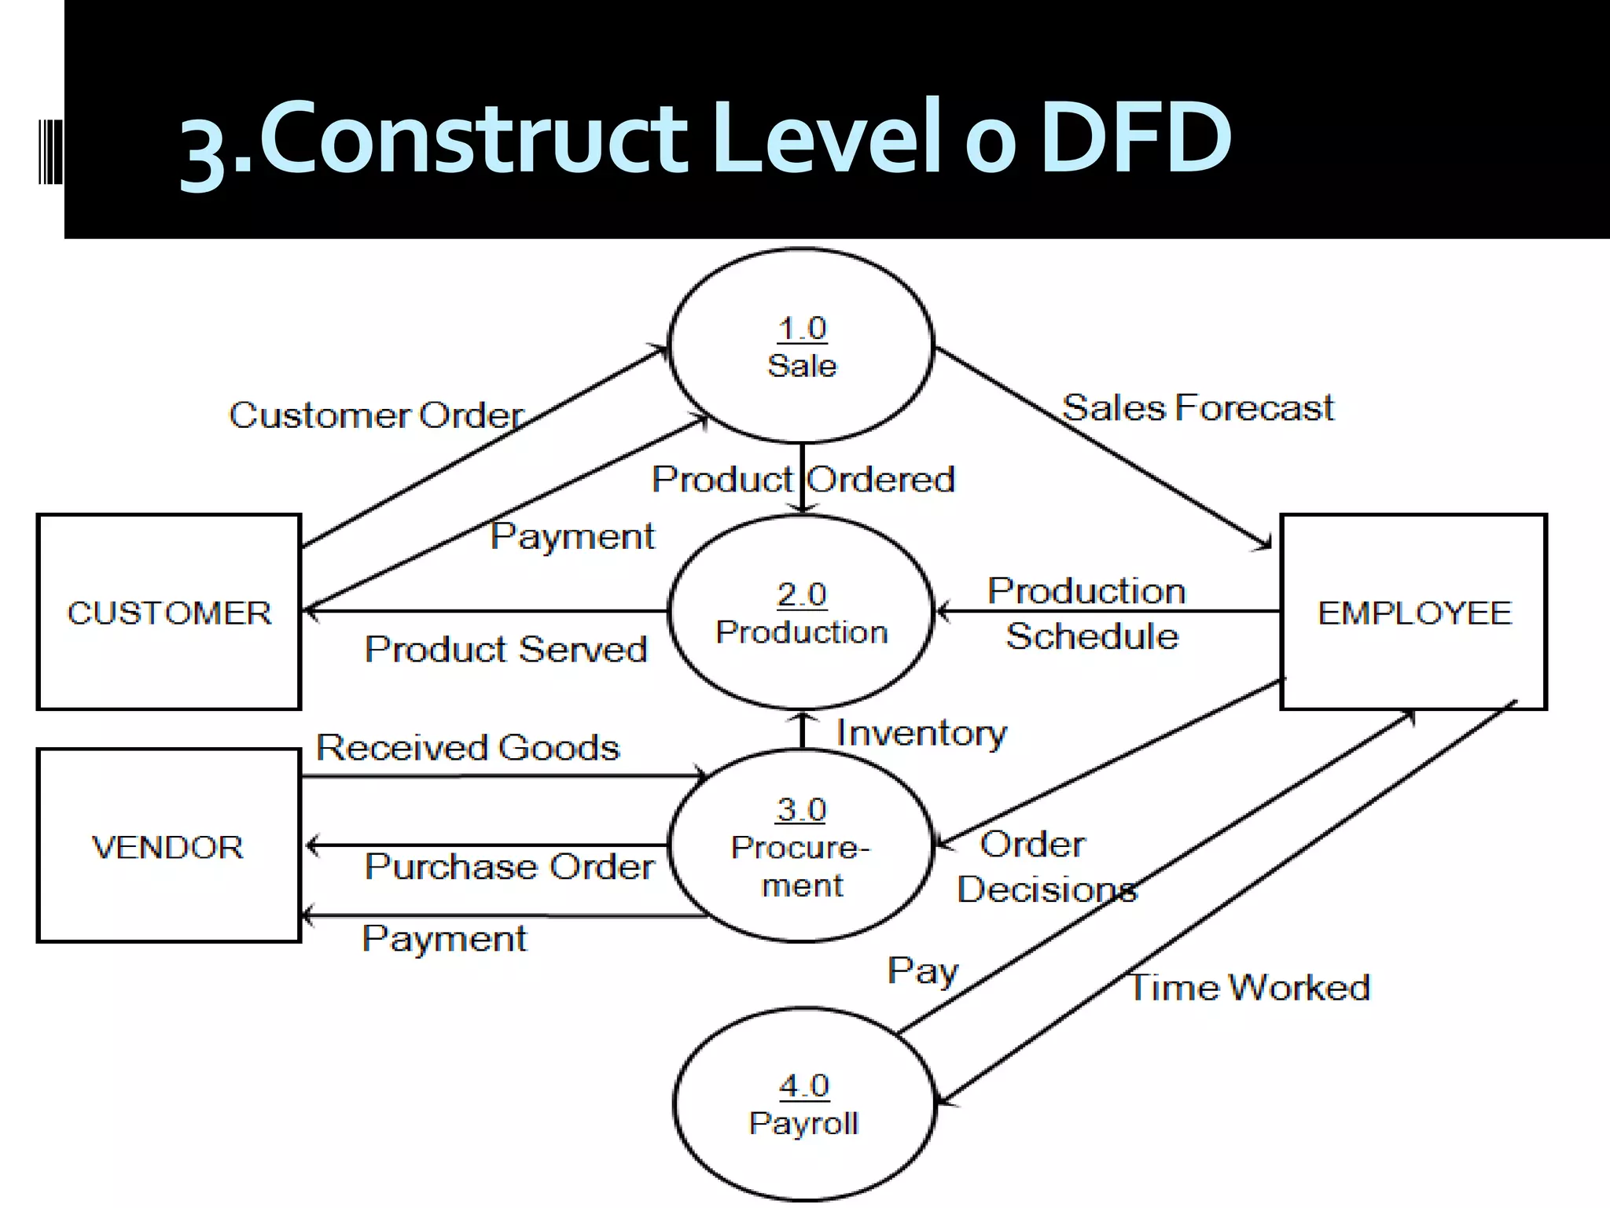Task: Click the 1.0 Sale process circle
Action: pos(801,346)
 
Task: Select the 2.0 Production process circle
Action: pos(801,613)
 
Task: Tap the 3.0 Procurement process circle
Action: pos(801,846)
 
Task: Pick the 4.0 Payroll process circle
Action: pos(804,1104)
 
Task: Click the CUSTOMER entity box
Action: pos(169,613)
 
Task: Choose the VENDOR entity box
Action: pos(168,846)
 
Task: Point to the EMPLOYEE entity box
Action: pos(1413,613)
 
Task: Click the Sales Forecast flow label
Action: pos(1197,408)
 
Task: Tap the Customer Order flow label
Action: pos(376,415)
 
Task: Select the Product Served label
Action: pos(505,650)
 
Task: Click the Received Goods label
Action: pos(468,747)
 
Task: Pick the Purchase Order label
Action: pos(509,867)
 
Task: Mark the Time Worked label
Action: pos(1249,988)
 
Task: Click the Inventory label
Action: pos(921,733)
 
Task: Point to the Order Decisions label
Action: pos(1046,867)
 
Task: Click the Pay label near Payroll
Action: pos(923,971)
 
